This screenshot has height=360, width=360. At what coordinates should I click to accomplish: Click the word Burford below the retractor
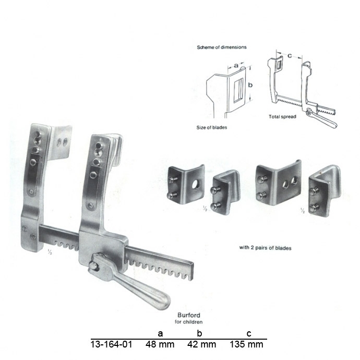(189, 315)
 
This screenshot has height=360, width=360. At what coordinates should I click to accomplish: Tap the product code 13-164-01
(111, 344)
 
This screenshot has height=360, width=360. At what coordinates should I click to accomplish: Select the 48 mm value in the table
(160, 344)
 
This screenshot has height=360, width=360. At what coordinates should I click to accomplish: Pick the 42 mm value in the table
(201, 344)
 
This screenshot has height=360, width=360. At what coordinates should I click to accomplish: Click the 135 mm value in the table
(246, 344)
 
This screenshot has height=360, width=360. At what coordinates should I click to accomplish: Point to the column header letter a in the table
(160, 333)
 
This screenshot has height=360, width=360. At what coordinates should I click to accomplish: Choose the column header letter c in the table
(249, 333)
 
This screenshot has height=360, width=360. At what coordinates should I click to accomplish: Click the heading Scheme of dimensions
(222, 47)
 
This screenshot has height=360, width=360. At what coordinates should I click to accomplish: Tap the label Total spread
(282, 117)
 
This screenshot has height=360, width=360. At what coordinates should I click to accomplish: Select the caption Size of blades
(212, 127)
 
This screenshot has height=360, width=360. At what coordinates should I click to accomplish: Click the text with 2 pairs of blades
(265, 248)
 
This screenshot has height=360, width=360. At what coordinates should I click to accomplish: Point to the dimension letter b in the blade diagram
(250, 85)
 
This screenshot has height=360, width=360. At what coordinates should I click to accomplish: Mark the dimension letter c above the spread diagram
(290, 55)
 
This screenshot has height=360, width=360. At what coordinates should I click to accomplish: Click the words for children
(188, 322)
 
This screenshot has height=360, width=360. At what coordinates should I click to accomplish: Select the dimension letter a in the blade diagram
(236, 66)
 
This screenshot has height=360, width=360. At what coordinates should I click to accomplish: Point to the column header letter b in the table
(199, 333)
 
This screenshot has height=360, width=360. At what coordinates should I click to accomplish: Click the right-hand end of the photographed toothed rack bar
(192, 271)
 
